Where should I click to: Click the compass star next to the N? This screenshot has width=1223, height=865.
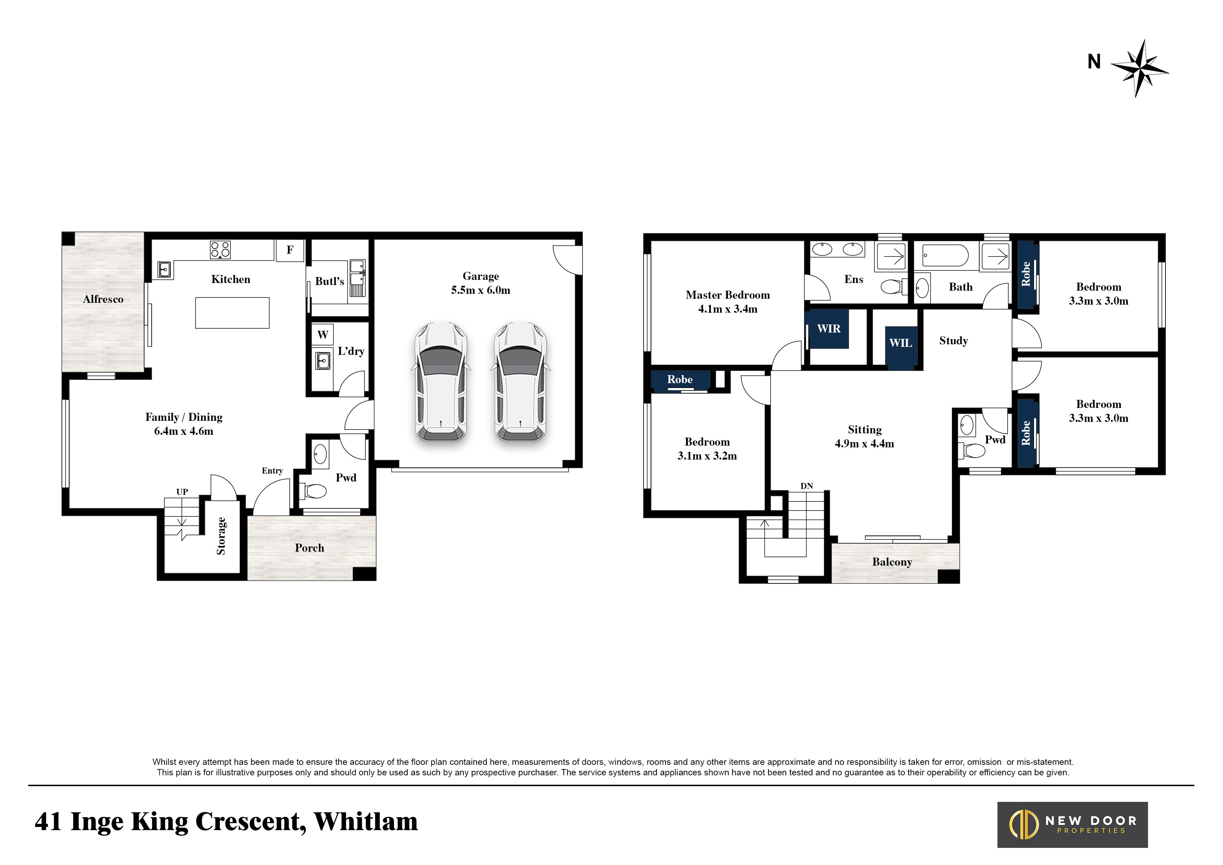1139,68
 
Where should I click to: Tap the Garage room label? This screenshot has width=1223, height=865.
480,276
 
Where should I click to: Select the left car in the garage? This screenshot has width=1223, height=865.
441,382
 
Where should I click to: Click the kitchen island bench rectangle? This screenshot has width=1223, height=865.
232,313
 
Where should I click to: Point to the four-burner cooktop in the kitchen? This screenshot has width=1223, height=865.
220,249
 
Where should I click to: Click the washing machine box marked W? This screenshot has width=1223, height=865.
323,335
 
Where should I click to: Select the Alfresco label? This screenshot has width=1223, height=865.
103,299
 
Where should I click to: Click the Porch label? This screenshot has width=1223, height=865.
310,548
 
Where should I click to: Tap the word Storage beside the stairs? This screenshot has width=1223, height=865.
221,536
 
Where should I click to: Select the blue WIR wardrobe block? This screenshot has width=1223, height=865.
829,329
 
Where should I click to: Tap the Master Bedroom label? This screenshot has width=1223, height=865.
728,295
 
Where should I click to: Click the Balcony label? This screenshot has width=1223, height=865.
892,562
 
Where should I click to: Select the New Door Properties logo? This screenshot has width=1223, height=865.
1073,825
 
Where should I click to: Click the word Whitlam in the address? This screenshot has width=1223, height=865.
366,821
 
